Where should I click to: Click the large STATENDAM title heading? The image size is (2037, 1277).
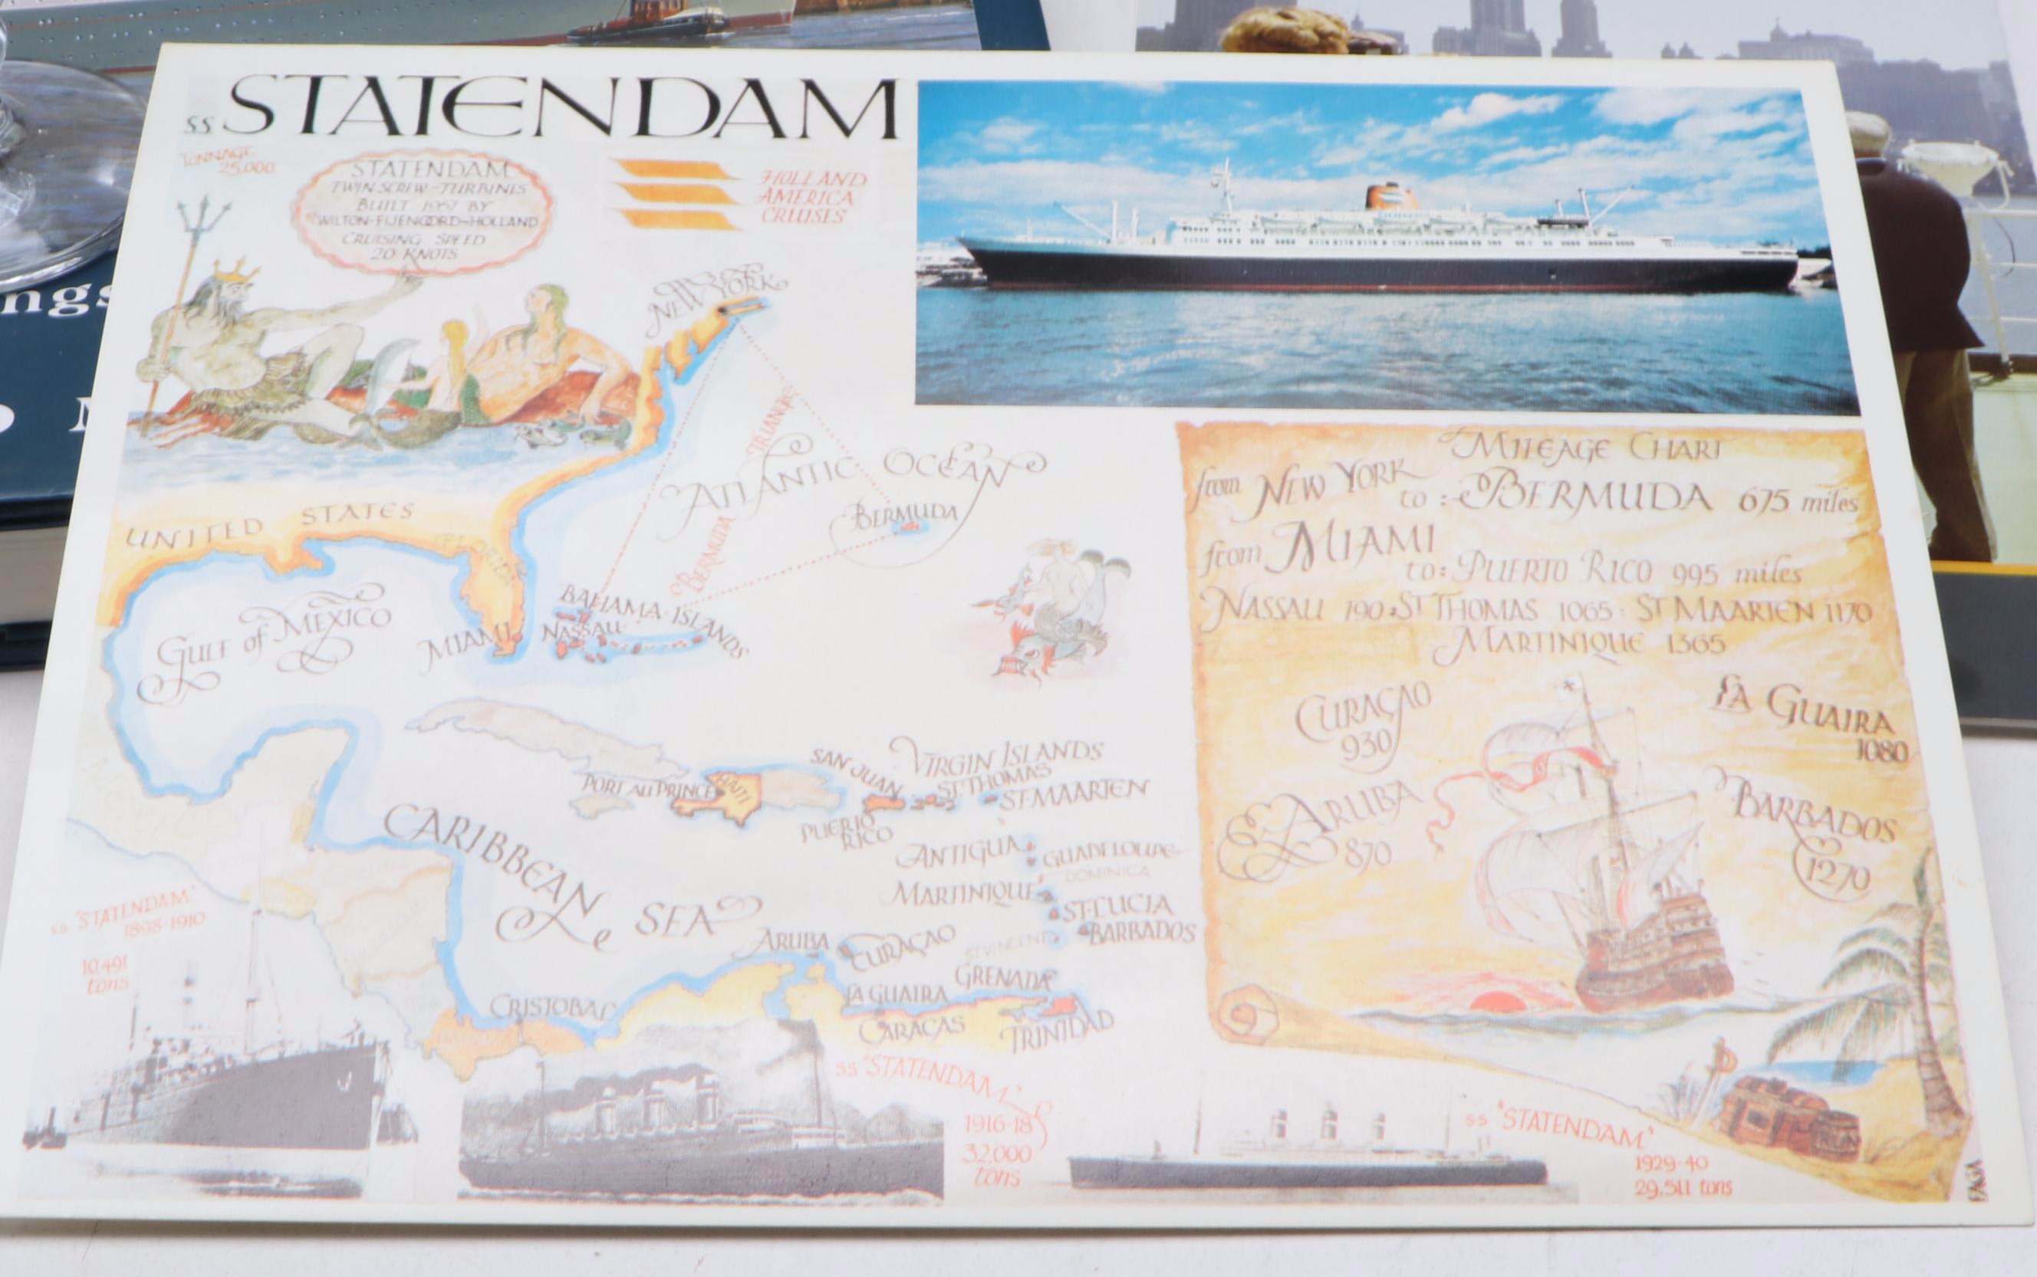pyautogui.click(x=562, y=110)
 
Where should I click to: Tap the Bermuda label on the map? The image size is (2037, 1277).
pyautogui.click(x=904, y=512)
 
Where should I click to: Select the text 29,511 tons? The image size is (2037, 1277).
pyautogui.click(x=1681, y=1187)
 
